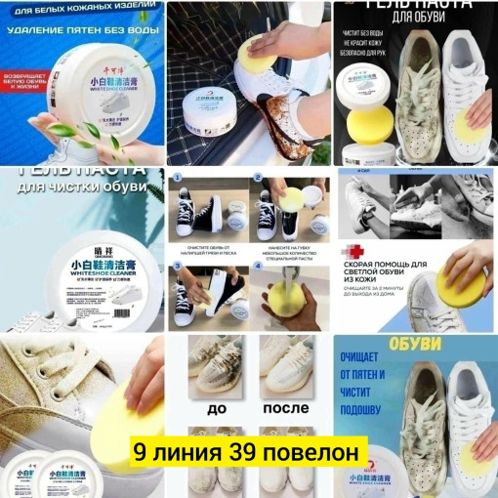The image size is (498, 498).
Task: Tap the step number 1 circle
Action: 178,180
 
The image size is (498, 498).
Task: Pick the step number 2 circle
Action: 258,180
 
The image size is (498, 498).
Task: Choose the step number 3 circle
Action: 178,265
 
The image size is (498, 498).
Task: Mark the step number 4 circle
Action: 258,265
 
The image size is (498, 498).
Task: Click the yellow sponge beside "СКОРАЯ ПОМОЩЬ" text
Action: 463,284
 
